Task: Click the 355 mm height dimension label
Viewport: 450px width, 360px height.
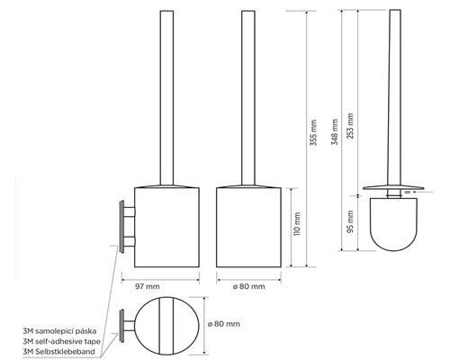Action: [313, 132]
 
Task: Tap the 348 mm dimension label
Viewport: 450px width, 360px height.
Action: [335, 132]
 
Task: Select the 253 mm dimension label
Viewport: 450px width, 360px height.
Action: [350, 126]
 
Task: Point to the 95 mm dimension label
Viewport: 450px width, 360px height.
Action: [350, 221]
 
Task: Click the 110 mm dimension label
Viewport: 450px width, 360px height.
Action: [297, 224]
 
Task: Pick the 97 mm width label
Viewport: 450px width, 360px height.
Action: [148, 286]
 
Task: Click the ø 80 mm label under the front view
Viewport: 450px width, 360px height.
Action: [248, 286]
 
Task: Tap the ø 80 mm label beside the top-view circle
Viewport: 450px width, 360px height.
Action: [224, 324]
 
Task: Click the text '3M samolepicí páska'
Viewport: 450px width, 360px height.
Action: [59, 331]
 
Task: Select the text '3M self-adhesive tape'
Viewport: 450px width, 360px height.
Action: [61, 341]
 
